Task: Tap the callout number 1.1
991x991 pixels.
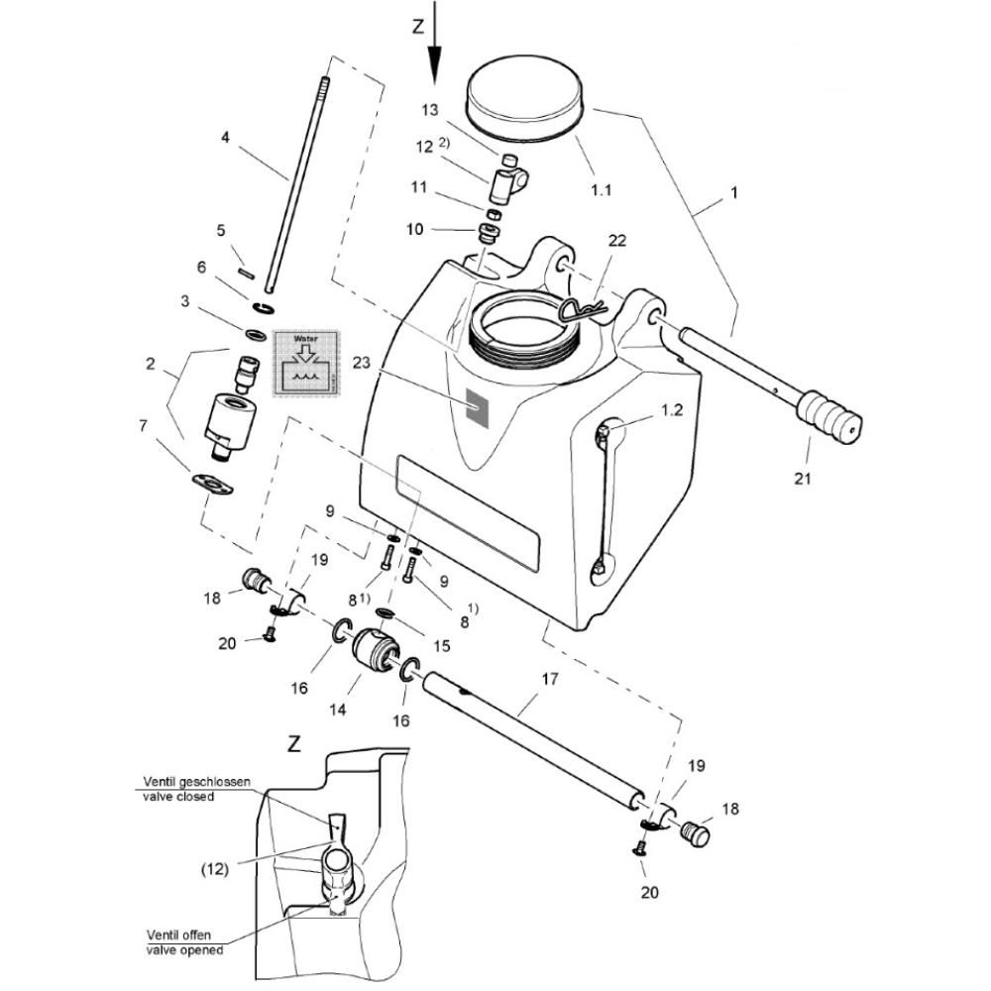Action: pyautogui.click(x=601, y=189)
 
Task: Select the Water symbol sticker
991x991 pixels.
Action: pyautogui.click(x=306, y=364)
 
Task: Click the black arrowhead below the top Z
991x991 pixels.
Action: pyautogui.click(x=435, y=64)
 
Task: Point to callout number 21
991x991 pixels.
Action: pyautogui.click(x=802, y=479)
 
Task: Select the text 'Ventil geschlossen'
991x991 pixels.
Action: pyautogui.click(x=196, y=782)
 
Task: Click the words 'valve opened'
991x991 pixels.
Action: pyautogui.click(x=184, y=949)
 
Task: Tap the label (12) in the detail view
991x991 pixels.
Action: pyautogui.click(x=214, y=869)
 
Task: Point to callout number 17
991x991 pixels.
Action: pyautogui.click(x=550, y=679)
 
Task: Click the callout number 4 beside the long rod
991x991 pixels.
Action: pyautogui.click(x=226, y=137)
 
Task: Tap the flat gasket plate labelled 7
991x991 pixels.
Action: pyautogui.click(x=212, y=484)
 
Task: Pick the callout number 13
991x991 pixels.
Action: pyautogui.click(x=430, y=110)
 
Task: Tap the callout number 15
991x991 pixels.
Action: pyautogui.click(x=442, y=645)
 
